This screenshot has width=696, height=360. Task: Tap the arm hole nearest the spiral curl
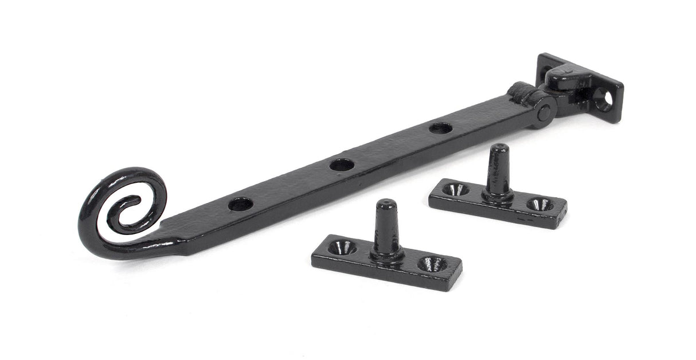(240, 204)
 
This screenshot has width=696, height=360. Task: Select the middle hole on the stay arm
(342, 165)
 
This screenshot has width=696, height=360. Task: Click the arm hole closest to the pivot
(440, 128)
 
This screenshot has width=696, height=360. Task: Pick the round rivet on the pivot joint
(543, 113)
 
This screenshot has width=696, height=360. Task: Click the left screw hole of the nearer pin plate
(342, 247)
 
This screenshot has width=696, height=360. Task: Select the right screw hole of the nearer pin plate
(432, 264)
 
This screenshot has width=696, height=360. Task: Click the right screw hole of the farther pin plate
(539, 204)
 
